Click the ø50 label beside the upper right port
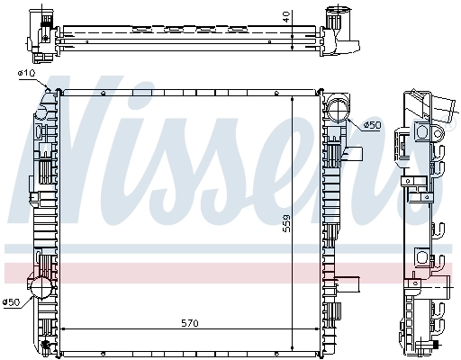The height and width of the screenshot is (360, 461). [x=374, y=125]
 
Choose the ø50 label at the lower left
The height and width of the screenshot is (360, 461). [x=12, y=301]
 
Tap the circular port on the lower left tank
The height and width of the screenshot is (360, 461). [x=40, y=289]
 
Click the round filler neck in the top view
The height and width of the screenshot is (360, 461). [x=339, y=19]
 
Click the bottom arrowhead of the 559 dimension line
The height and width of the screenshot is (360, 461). [x=294, y=346]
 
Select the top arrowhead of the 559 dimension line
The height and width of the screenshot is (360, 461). [x=294, y=94]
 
